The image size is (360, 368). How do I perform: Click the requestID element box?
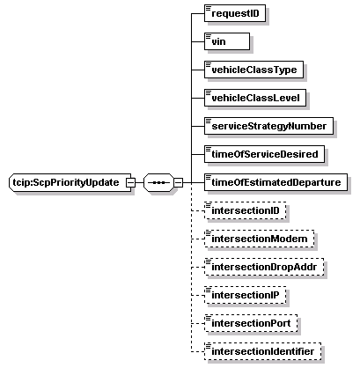click(235, 13)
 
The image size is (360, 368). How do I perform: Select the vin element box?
click(227, 41)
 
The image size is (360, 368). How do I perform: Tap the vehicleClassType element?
click(253, 70)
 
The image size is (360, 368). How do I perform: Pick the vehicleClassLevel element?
click(255, 98)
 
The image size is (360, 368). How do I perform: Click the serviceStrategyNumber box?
click(268, 126)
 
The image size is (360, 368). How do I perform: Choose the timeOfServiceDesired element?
click(264, 154)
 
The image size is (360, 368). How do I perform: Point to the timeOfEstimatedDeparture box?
click(276, 182)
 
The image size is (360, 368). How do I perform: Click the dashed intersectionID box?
click(245, 210)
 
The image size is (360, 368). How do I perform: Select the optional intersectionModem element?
click(260, 239)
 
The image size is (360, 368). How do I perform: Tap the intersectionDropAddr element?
click(264, 267)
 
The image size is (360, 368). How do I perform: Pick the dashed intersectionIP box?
click(245, 295)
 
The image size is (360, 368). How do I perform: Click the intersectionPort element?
click(251, 323)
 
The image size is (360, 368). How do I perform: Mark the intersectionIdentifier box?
click(262, 351)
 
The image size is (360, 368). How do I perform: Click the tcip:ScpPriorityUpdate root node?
click(70, 182)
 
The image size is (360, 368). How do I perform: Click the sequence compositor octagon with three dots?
click(158, 182)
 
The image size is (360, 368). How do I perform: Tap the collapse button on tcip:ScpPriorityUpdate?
click(130, 182)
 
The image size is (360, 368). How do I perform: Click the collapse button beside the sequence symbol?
click(178, 182)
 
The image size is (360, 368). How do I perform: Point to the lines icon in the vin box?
click(209, 36)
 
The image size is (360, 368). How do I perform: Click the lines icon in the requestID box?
click(209, 8)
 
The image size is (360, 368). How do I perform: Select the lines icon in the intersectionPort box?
click(209, 318)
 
